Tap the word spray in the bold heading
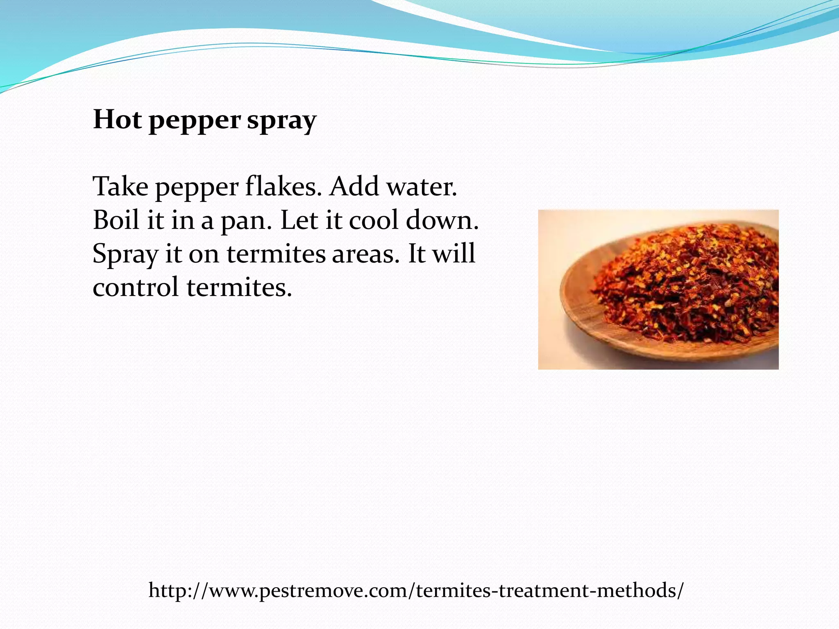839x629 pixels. pyautogui.click(x=281, y=121)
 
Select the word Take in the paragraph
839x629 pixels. pyautogui.click(x=120, y=187)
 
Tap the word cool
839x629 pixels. pyautogui.click(x=374, y=220)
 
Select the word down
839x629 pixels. pyautogui.click(x=442, y=220)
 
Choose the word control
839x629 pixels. pyautogui.click(x=136, y=287)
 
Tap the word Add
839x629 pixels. pyautogui.click(x=354, y=187)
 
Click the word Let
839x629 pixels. pyautogui.click(x=298, y=220)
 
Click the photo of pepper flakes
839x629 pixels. pyautogui.click(x=658, y=290)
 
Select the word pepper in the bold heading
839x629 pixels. pyautogui.click(x=195, y=121)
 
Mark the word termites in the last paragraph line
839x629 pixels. pyautogui.click(x=239, y=287)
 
